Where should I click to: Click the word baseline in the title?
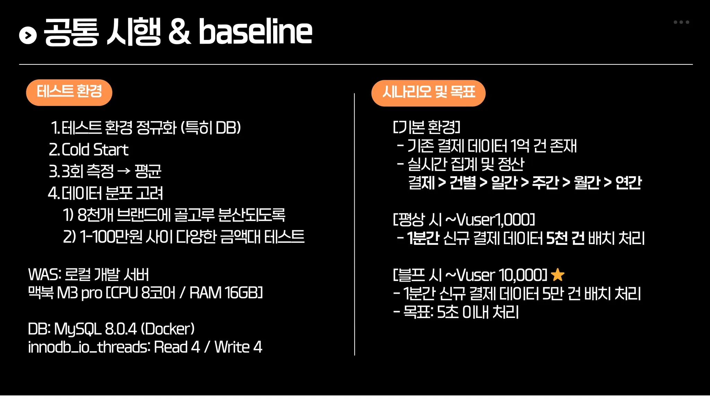point(255,32)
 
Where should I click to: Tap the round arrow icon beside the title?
point(28,35)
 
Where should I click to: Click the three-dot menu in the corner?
point(681,22)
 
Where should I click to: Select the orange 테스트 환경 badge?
point(69,92)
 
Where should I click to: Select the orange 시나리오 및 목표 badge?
point(428,93)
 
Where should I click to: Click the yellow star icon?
point(557,275)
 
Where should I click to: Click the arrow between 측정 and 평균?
point(124,171)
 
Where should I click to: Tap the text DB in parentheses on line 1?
point(227,128)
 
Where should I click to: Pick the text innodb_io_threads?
point(89,347)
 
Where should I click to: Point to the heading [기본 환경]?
point(426,127)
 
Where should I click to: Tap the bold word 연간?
point(629,183)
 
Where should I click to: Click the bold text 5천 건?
point(565,238)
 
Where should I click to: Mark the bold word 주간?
point(545,183)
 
